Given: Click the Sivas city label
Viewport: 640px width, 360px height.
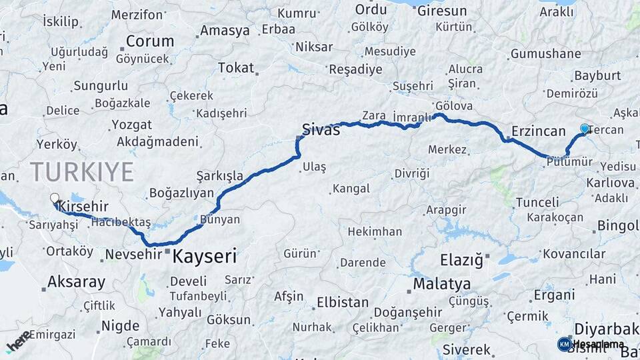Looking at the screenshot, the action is pyautogui.click(x=321, y=129).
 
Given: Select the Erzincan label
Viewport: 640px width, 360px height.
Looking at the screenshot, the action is pyautogui.click(x=539, y=131).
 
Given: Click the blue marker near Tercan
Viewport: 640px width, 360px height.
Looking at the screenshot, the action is pyautogui.click(x=585, y=129).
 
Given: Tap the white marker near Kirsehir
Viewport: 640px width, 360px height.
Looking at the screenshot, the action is pyautogui.click(x=55, y=198).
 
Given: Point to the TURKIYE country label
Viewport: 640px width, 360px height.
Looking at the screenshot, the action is pyautogui.click(x=81, y=172).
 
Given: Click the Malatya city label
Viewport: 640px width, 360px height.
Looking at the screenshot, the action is pyautogui.click(x=441, y=284).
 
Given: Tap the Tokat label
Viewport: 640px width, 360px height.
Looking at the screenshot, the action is pyautogui.click(x=236, y=68).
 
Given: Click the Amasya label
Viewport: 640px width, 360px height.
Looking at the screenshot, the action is pyautogui.click(x=225, y=31).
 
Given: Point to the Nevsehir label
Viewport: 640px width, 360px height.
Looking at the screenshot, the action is pyautogui.click(x=133, y=254).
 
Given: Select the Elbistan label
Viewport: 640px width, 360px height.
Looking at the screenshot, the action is pyautogui.click(x=342, y=302).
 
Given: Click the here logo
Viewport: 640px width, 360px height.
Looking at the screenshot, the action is pyautogui.click(x=18, y=340).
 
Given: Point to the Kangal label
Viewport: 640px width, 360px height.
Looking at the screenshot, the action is pyautogui.click(x=351, y=189).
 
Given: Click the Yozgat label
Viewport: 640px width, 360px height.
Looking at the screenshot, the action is pyautogui.click(x=131, y=125).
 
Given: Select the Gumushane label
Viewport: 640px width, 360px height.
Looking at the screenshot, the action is pyautogui.click(x=546, y=53).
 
